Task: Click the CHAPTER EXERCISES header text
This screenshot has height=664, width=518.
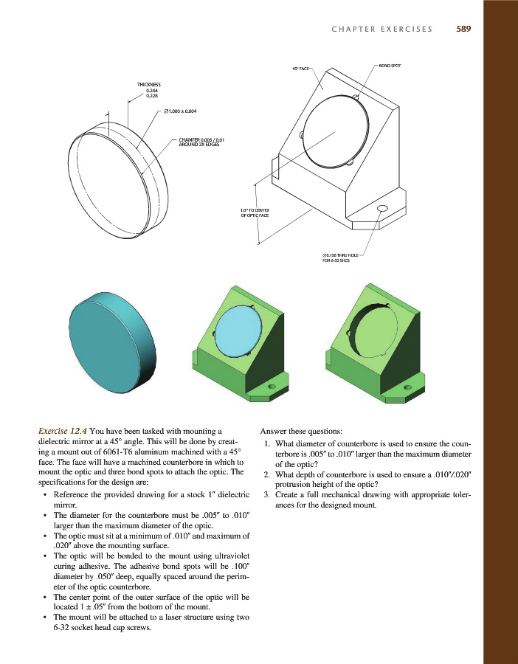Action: click(382, 30)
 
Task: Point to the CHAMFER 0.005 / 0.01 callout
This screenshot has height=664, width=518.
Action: click(201, 141)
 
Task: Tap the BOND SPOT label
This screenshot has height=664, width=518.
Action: click(390, 66)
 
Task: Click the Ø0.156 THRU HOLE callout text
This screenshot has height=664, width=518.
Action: click(338, 257)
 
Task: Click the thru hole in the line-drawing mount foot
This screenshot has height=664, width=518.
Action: click(382, 209)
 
